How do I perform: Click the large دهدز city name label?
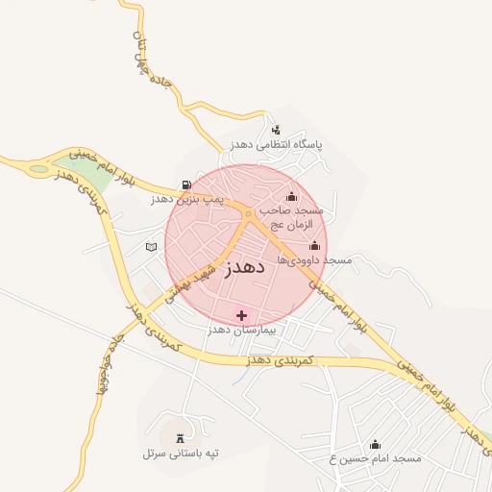(x=245, y=268)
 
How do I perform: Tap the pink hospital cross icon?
(x=240, y=315)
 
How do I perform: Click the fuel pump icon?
(x=185, y=184)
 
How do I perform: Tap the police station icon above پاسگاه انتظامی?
(x=277, y=130)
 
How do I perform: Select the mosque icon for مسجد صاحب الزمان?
(x=291, y=197)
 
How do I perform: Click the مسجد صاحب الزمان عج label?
(x=296, y=216)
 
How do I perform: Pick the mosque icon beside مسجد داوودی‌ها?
(x=314, y=246)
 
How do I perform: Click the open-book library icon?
(x=150, y=247)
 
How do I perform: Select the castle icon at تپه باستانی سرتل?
(x=181, y=437)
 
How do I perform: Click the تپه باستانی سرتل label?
(x=181, y=452)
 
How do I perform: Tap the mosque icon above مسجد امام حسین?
(x=375, y=444)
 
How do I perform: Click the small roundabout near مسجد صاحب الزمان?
(x=249, y=212)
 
